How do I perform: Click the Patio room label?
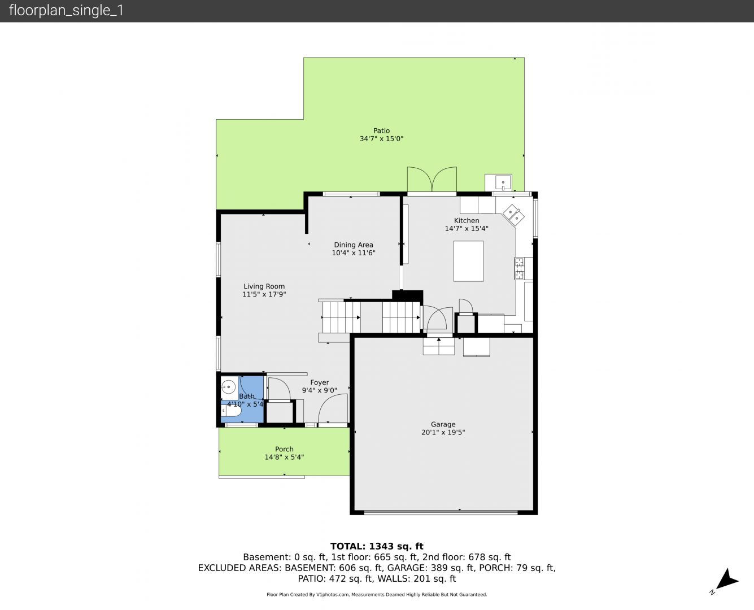click(381, 130)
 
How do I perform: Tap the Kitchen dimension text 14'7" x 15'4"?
click(466, 229)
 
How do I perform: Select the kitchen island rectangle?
click(468, 262)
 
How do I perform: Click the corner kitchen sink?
click(513, 215)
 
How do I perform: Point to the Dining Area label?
click(354, 245)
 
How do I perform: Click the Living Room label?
click(264, 286)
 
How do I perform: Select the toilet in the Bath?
click(231, 411)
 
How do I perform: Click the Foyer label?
click(319, 382)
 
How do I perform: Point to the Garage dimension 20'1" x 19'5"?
click(443, 432)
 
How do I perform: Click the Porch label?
click(284, 449)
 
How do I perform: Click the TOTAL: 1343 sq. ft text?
click(377, 546)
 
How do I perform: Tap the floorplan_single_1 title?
click(66, 11)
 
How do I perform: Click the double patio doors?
click(432, 180)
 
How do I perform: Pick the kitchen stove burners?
click(519, 268)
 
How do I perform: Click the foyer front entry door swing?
click(333, 408)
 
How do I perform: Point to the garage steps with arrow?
click(439, 346)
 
